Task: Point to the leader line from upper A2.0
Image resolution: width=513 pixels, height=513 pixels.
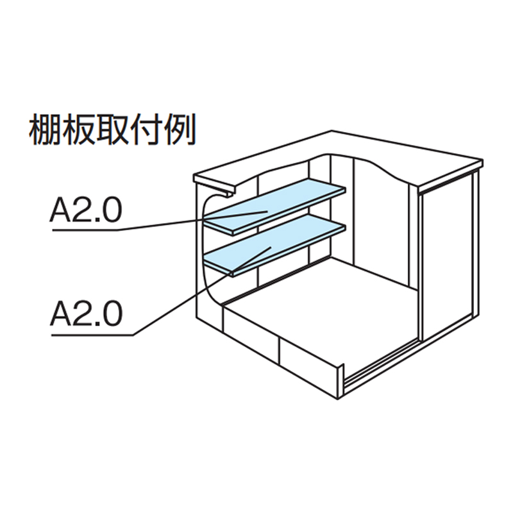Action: click(x=160, y=224)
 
